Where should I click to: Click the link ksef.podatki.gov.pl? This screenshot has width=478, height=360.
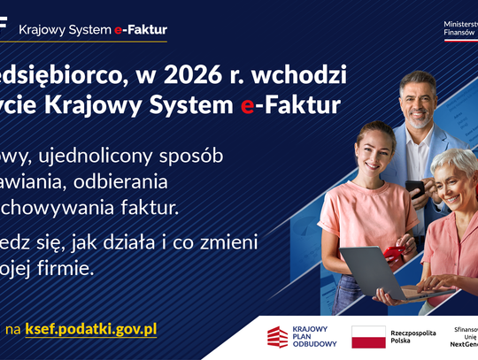pos(90,328)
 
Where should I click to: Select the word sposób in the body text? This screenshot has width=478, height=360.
pos(192,157)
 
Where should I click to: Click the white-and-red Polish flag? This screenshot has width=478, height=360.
pos(368,336)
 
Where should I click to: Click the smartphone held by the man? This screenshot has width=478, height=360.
pos(415,189)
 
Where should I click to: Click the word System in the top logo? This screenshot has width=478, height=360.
pos(89,29)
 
